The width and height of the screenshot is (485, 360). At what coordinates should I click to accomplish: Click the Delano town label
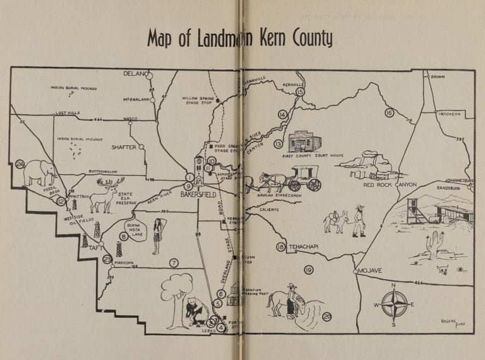point(135,74)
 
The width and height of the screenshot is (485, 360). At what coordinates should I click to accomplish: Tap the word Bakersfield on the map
point(198,195)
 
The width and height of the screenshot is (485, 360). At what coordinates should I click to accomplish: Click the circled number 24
point(20,164)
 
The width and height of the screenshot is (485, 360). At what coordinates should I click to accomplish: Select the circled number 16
point(389,112)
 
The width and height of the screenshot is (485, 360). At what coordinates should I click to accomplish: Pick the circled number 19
point(309,270)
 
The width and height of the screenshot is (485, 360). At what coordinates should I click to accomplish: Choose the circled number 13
point(277,144)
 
